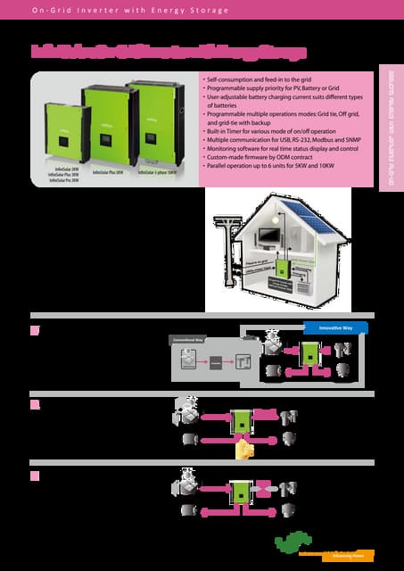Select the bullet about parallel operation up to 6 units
pyautogui.click(x=277, y=166)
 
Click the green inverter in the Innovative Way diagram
pyautogui.click(x=309, y=353)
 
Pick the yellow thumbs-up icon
pyautogui.click(x=240, y=451)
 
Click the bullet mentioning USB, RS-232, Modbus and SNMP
pyautogui.click(x=284, y=141)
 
